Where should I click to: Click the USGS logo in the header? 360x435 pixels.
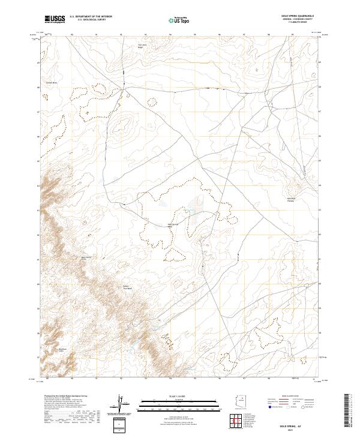tap(55, 19)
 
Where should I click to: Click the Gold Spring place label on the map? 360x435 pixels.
tap(173, 225)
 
